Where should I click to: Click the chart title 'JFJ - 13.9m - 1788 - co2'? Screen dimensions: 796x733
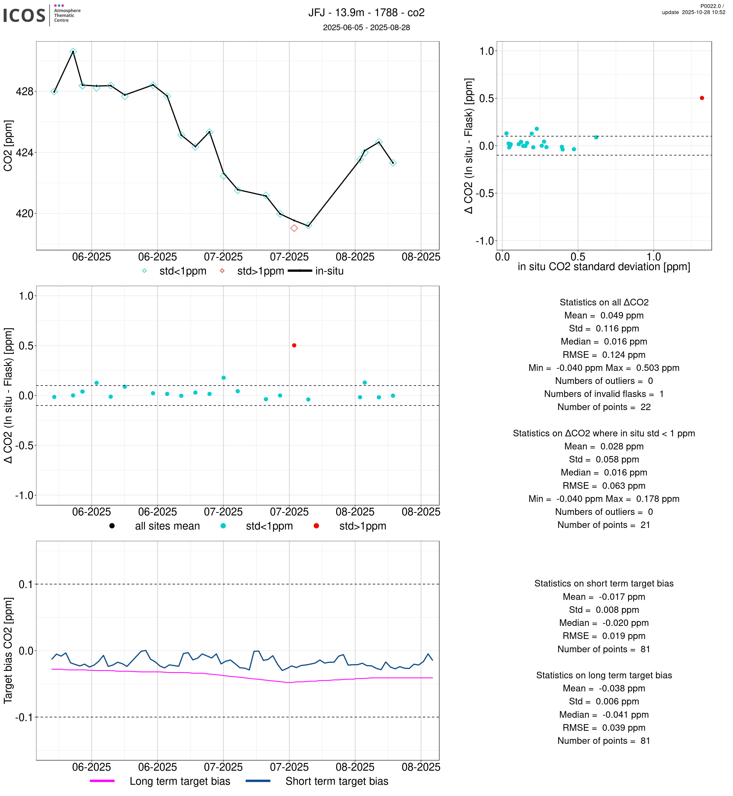pyautogui.click(x=366, y=13)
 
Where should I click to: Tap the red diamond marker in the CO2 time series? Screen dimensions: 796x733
pyautogui.click(x=294, y=228)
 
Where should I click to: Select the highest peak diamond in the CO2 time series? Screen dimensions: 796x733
pyautogui.click(x=73, y=52)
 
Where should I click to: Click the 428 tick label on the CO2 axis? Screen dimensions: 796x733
pyautogui.click(x=25, y=92)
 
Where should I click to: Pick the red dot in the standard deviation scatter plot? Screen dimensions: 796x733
pyautogui.click(x=702, y=98)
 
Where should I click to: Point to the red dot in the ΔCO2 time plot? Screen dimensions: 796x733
pyautogui.click(x=294, y=346)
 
